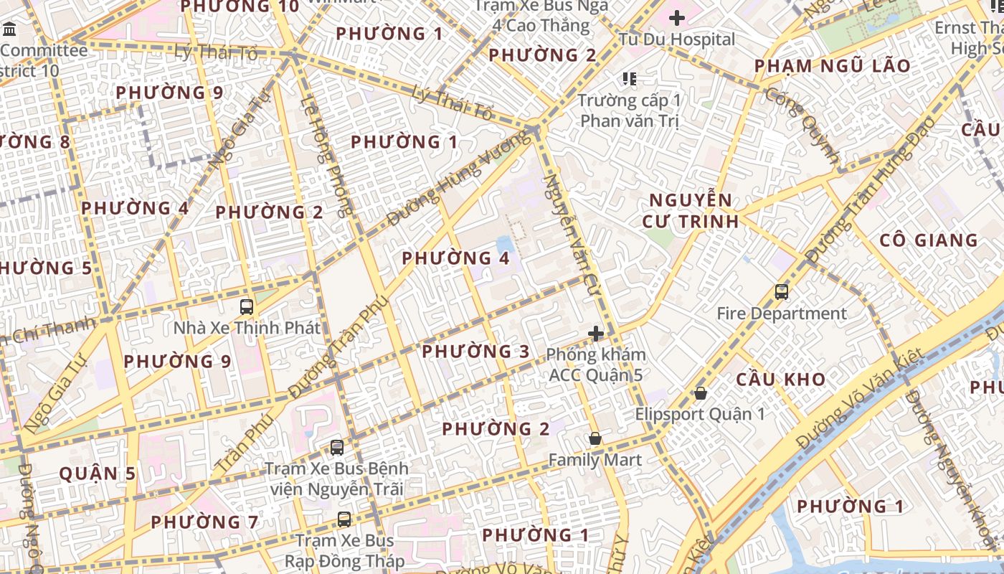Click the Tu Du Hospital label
point(677,39)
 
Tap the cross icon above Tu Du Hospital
point(676,18)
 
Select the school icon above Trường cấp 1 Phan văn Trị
point(630,78)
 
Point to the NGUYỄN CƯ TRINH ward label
point(690,210)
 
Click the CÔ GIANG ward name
point(929,240)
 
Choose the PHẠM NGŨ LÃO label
point(832,66)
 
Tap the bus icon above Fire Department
point(782,292)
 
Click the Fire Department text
point(782,314)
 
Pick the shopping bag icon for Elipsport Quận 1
point(701,393)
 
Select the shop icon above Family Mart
point(595,438)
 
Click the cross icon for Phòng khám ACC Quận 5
point(595,333)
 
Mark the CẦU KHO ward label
point(781,380)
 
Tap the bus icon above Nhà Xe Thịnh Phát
point(247,307)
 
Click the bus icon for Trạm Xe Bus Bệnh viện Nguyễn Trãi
point(337,448)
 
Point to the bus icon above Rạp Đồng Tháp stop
point(345,519)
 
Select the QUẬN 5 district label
point(98,474)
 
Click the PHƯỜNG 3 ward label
point(475,352)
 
